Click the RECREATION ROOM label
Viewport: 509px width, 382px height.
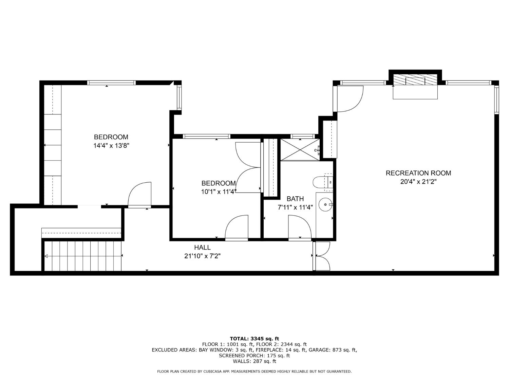click(x=418, y=173)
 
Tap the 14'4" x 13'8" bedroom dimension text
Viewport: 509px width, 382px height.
click(x=112, y=146)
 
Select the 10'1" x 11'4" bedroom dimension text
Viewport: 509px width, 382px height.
click(x=219, y=192)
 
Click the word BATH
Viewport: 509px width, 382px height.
click(x=295, y=199)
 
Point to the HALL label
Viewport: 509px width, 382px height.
click(x=202, y=248)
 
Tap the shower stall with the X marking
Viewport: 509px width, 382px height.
click(x=300, y=150)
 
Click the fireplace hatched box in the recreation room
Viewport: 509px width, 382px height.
click(x=415, y=81)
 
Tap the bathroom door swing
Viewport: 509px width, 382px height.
click(x=299, y=228)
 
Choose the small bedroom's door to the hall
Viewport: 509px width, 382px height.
click(x=237, y=228)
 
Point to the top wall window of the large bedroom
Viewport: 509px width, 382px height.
click(x=111, y=83)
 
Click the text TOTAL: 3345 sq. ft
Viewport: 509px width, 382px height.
click(x=254, y=339)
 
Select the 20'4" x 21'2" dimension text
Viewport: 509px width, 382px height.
click(x=418, y=182)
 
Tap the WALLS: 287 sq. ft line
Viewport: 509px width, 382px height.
click(x=254, y=361)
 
